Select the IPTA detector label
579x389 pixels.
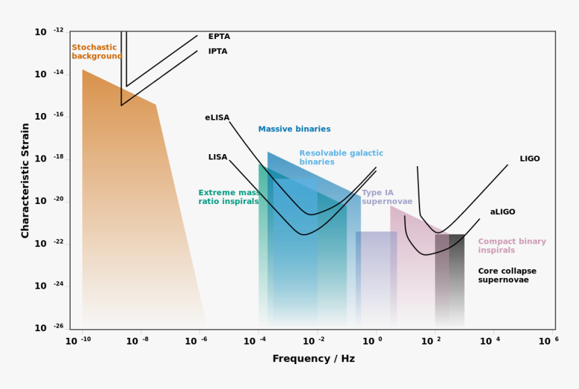[217, 52]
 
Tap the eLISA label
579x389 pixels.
[217, 118]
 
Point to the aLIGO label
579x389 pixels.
[502, 212]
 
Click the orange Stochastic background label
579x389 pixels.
[97, 52]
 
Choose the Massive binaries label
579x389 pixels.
[294, 129]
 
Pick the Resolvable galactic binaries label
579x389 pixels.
[341, 157]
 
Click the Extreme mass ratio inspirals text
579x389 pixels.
[229, 197]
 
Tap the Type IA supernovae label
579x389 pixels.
[386, 197]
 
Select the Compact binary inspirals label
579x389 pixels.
[512, 246]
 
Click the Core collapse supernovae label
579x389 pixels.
[507, 275]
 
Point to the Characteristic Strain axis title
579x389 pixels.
[26, 180]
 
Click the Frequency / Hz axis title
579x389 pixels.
[313, 359]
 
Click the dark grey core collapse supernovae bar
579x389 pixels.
[456, 276]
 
